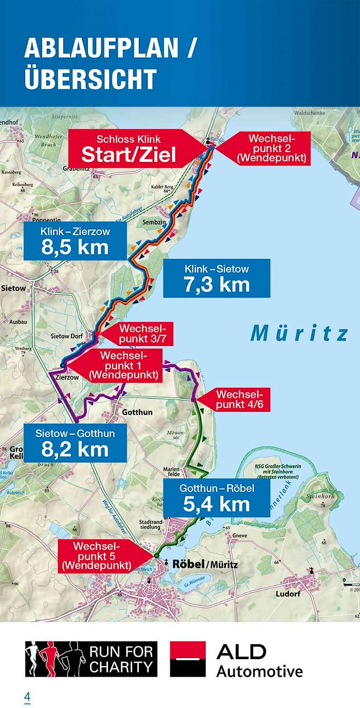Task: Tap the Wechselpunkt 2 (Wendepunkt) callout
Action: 270,148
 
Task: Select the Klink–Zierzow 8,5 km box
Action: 75,241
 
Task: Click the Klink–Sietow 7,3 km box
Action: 217,278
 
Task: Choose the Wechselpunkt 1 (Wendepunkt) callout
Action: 121,365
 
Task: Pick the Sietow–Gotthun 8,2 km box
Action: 75,443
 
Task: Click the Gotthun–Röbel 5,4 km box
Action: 217,498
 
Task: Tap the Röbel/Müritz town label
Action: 205,564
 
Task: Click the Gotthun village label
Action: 137,412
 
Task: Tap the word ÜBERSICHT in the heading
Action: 91,79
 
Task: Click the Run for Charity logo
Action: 91,659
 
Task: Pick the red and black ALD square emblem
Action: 188,659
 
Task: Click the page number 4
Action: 27,697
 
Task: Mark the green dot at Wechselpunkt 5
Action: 155,556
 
